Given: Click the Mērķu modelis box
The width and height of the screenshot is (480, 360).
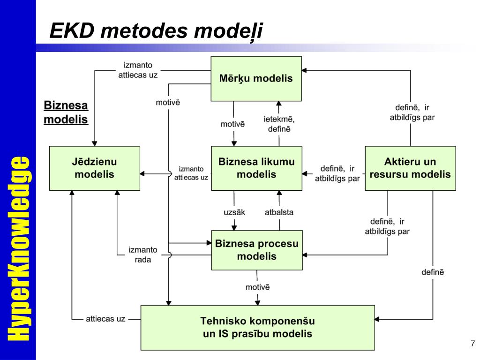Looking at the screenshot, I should [x=256, y=79].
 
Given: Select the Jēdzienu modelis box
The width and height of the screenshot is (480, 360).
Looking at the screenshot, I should [x=95, y=168].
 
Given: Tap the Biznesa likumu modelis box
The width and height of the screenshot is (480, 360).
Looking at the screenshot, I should [x=256, y=168].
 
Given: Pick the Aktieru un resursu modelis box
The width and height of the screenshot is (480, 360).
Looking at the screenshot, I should [x=410, y=168].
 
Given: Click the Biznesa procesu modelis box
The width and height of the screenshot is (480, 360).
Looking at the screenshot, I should [x=256, y=250].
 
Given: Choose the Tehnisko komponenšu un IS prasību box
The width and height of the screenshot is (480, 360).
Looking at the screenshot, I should [x=257, y=327].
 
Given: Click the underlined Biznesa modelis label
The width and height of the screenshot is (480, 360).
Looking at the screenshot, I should [x=66, y=112].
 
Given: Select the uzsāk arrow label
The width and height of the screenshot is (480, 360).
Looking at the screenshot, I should [x=234, y=212].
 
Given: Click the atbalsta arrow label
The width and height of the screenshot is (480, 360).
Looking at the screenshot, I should [x=279, y=212].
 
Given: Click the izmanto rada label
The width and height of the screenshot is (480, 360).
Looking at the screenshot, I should [x=143, y=255].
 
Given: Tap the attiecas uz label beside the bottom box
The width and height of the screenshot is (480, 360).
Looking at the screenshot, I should [x=105, y=319].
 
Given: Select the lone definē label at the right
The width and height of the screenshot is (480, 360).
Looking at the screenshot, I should [x=432, y=272].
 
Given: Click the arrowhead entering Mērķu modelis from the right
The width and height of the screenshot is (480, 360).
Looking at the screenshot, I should [x=304, y=70].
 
